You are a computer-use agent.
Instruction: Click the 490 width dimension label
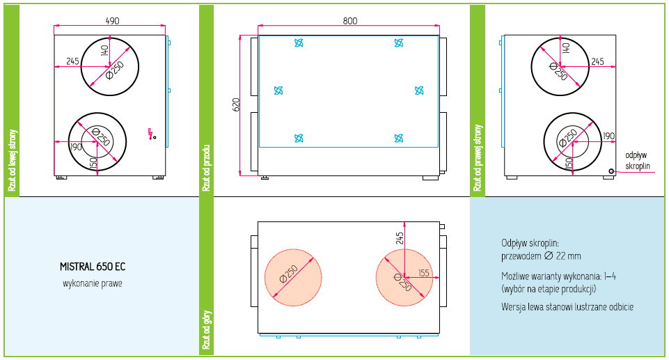point(111,21)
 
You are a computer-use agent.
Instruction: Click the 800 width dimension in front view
point(349,21)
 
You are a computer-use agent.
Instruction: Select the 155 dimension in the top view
point(424,272)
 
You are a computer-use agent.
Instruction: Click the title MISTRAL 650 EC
point(93,267)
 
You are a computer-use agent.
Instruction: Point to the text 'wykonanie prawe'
point(92,283)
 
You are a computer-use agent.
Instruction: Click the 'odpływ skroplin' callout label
point(637,161)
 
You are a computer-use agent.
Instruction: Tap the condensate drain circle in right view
point(611,171)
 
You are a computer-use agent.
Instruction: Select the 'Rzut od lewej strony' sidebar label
point(12,159)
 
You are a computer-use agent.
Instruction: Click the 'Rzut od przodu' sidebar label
point(206,168)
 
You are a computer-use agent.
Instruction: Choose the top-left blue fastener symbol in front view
point(299,43)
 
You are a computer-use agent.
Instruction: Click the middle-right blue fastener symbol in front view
point(419,91)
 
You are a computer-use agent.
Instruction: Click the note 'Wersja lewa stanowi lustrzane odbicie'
point(567,306)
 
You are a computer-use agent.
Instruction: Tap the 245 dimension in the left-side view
point(72,61)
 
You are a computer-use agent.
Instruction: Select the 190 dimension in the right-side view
point(609,136)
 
